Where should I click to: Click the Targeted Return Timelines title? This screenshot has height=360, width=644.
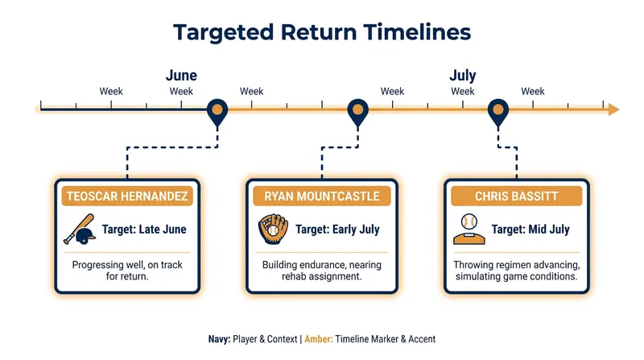(322, 32)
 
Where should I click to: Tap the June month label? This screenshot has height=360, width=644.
(181, 75)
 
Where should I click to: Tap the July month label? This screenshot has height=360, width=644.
(462, 75)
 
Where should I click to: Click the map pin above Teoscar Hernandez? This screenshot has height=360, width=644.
(217, 113)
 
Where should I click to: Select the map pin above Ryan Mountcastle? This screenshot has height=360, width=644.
(357, 113)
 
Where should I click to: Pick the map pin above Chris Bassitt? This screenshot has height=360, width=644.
(498, 113)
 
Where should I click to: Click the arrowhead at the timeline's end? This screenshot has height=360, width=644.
(613, 110)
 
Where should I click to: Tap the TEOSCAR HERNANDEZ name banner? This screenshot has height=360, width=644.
(127, 196)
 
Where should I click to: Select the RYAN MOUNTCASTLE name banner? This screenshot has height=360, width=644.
(321, 196)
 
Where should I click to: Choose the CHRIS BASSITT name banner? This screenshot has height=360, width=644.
(516, 196)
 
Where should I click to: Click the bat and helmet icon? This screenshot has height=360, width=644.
(80, 230)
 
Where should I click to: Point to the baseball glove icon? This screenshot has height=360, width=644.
(273, 229)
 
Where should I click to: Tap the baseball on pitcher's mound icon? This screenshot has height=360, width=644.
(469, 230)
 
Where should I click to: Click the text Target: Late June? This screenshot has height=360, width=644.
(144, 230)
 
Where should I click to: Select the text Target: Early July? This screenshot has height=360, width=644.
(337, 230)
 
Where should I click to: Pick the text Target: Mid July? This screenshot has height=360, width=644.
(530, 230)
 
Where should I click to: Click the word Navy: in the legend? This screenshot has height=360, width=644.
(219, 339)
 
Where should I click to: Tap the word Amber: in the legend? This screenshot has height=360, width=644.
(319, 339)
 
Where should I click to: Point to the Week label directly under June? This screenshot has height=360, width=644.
(181, 91)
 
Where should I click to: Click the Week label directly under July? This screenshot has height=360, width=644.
(462, 91)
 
